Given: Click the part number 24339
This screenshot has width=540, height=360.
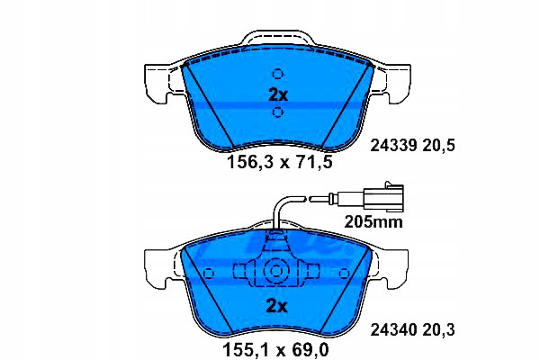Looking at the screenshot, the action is pos(393,146).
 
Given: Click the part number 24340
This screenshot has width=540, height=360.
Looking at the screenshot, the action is pos(393,329).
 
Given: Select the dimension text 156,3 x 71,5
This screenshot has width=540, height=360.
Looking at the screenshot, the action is pos(280,162).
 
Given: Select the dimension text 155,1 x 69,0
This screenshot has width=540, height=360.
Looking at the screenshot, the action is pos(276,350).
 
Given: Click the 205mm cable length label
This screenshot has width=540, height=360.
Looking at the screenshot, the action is pos(373,222).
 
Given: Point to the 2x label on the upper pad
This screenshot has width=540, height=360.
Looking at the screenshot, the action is pos(278,94).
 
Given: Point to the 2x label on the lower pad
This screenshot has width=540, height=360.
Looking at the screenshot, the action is pos(276,306).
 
